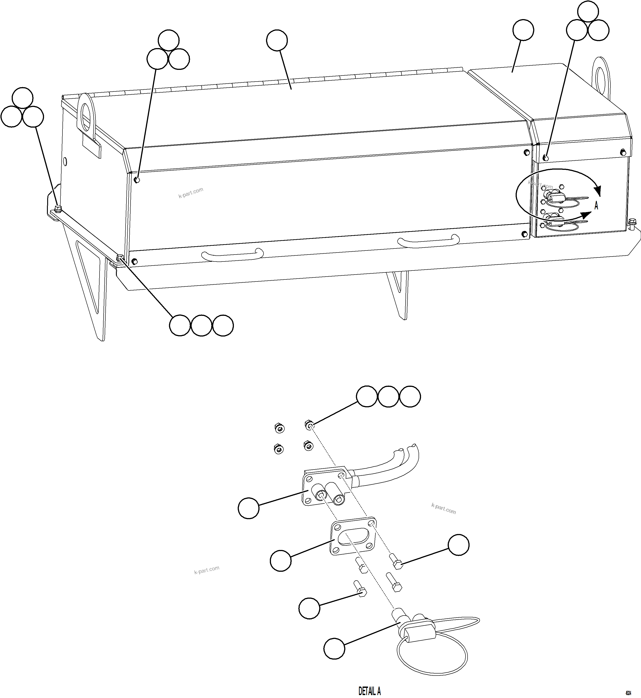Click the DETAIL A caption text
(369, 691)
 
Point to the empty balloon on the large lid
(277, 40)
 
